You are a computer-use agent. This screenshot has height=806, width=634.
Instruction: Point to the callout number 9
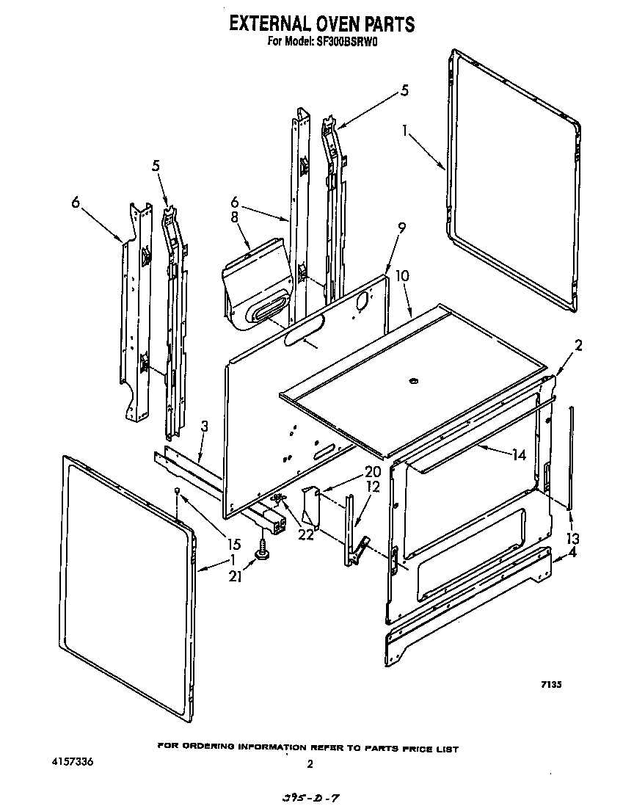coord(401,229)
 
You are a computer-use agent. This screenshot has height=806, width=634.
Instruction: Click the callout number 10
coord(402,277)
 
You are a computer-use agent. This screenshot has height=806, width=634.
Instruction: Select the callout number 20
coord(373,472)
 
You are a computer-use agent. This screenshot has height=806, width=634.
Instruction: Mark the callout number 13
coord(572,538)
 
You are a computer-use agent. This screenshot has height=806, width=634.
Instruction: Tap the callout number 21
coord(235,577)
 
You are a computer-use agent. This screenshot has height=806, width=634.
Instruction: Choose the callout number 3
coord(205,426)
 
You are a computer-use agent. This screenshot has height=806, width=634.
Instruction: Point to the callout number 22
coord(305,534)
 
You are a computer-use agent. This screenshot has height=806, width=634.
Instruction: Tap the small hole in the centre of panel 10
coord(413,381)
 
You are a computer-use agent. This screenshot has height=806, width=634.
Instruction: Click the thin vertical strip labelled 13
coord(571,455)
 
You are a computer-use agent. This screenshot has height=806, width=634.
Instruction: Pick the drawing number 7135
coord(551,684)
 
